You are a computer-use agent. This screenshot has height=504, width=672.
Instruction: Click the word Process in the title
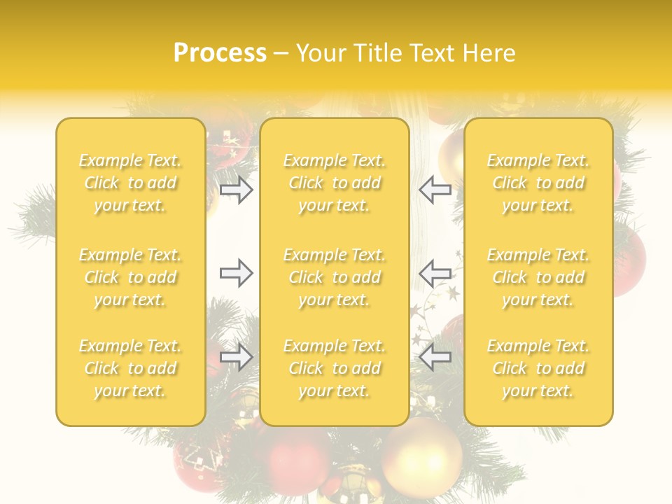point(220,53)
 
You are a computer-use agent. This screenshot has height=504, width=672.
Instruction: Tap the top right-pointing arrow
point(236,190)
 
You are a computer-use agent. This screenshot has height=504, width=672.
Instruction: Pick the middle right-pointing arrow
point(236,273)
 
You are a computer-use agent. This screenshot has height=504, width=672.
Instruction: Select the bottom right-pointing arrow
point(236,358)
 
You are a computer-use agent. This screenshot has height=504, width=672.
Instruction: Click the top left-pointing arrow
point(435,190)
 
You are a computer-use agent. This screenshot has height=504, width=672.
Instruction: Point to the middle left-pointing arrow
point(435,273)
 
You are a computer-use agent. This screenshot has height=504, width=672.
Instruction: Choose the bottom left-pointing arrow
point(435,358)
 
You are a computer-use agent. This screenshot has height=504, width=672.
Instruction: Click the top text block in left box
point(130,183)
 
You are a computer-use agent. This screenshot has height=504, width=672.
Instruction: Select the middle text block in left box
point(130,277)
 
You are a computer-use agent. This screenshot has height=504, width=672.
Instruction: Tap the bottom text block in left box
point(130,368)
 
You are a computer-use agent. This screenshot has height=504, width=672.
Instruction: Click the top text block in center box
point(334,183)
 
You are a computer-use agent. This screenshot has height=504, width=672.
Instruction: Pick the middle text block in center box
point(334,277)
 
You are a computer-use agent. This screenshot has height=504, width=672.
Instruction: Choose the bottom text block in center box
point(334,368)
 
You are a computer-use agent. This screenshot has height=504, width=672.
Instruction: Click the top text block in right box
point(538,183)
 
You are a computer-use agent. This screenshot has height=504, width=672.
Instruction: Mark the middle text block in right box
point(538,277)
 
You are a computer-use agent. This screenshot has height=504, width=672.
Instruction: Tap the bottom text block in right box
point(538,368)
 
